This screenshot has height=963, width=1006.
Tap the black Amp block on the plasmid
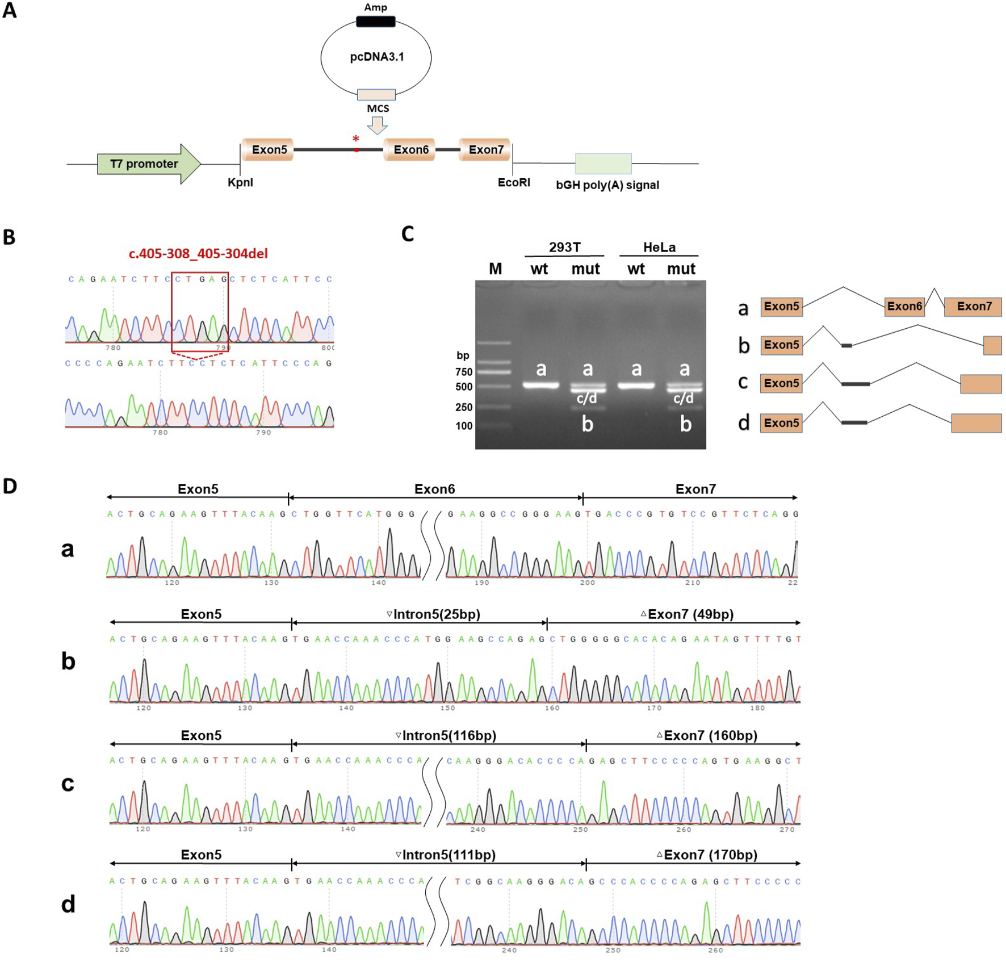click(375, 22)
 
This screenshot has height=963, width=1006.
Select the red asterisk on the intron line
click(356, 139)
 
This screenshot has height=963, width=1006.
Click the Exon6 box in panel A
click(410, 150)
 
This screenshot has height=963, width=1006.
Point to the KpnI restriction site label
click(240, 183)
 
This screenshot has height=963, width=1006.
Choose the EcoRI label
click(514, 183)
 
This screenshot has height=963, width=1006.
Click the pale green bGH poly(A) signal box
click(603, 164)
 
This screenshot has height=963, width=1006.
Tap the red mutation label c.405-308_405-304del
click(198, 254)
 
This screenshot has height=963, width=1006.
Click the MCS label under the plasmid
click(378, 109)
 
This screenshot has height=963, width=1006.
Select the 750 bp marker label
click(464, 372)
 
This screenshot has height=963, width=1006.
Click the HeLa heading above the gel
click(659, 248)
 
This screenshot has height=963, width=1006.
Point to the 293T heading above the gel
click(564, 248)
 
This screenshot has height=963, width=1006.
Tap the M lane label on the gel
click(495, 269)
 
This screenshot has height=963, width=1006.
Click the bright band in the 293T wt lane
click(540, 386)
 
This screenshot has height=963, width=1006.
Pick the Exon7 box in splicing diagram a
click(973, 307)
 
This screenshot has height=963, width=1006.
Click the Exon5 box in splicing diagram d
click(781, 423)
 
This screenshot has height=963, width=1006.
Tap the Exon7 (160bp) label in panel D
click(707, 736)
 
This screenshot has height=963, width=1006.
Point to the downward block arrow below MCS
click(377, 125)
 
